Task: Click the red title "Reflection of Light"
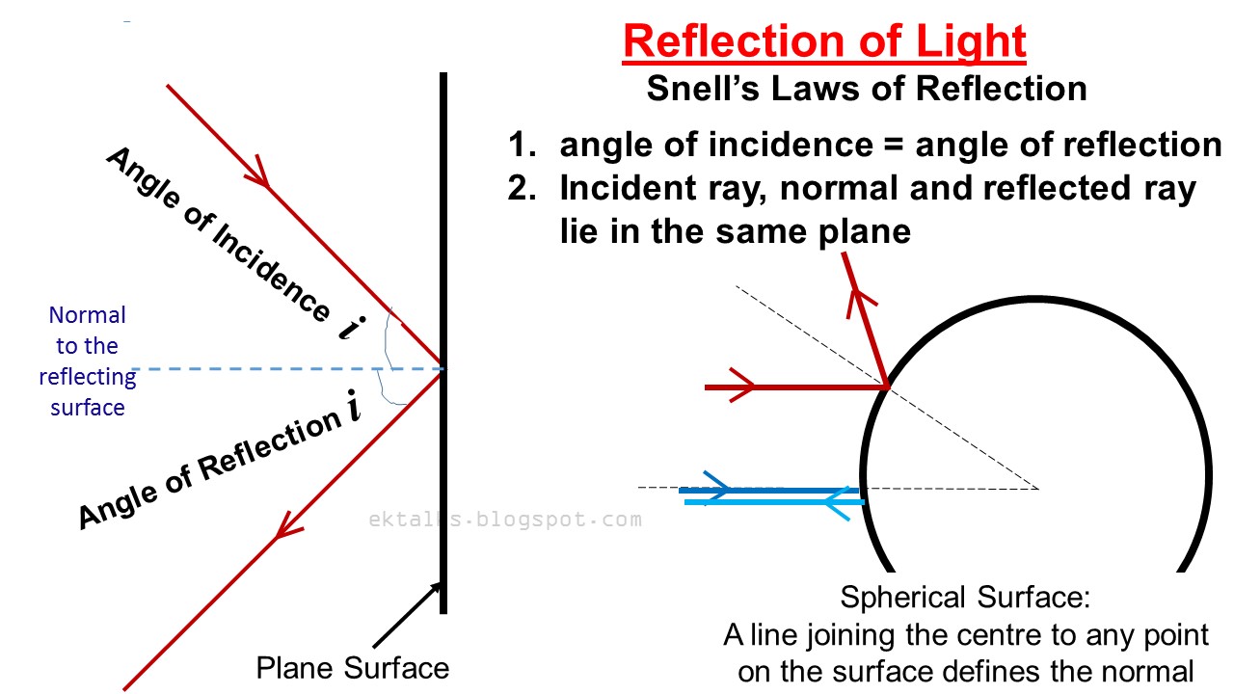[x=824, y=41]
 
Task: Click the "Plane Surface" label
[x=352, y=668]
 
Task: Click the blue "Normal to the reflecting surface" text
[x=88, y=360]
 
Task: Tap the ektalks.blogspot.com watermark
[x=504, y=520]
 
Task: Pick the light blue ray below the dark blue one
[x=771, y=502]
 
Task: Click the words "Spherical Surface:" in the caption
[x=965, y=598]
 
